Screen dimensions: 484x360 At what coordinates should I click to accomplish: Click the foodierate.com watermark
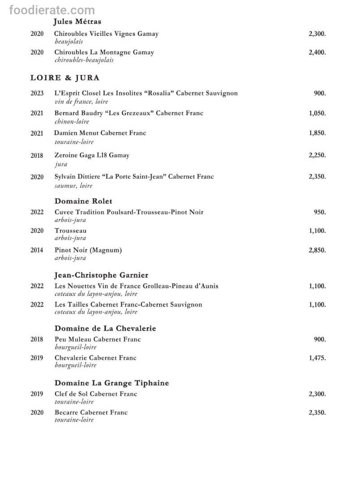click(x=52, y=10)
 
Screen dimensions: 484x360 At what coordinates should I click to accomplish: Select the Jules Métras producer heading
click(x=77, y=22)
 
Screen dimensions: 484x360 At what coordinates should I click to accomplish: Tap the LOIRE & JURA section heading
click(x=65, y=78)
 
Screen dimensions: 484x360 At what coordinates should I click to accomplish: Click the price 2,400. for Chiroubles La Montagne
click(x=317, y=52)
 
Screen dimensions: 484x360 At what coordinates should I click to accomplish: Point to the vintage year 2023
click(x=37, y=93)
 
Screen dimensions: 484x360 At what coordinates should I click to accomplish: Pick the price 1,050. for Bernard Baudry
click(x=317, y=113)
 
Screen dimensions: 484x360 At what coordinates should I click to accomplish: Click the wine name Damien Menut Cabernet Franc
click(x=100, y=133)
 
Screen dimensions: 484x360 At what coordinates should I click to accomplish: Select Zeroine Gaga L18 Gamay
click(x=92, y=156)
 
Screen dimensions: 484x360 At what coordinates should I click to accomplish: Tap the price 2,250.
click(x=317, y=156)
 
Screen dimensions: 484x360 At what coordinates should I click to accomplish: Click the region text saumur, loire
click(x=73, y=185)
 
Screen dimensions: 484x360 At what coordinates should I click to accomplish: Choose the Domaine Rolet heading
click(x=83, y=201)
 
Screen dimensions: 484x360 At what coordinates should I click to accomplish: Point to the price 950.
click(x=320, y=212)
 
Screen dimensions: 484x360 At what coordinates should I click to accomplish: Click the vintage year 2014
click(x=37, y=250)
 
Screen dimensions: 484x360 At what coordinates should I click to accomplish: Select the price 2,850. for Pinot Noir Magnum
click(x=317, y=250)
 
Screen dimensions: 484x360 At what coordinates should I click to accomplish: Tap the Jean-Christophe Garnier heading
click(x=101, y=275)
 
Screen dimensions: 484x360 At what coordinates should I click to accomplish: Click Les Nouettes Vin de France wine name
click(x=137, y=286)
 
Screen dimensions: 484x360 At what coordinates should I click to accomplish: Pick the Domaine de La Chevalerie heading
click(x=105, y=328)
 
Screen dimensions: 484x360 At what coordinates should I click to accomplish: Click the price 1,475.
click(x=317, y=358)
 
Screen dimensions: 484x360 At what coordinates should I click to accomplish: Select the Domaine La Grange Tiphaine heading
click(x=111, y=383)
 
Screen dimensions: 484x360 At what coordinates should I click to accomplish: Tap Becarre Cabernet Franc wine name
click(x=91, y=412)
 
